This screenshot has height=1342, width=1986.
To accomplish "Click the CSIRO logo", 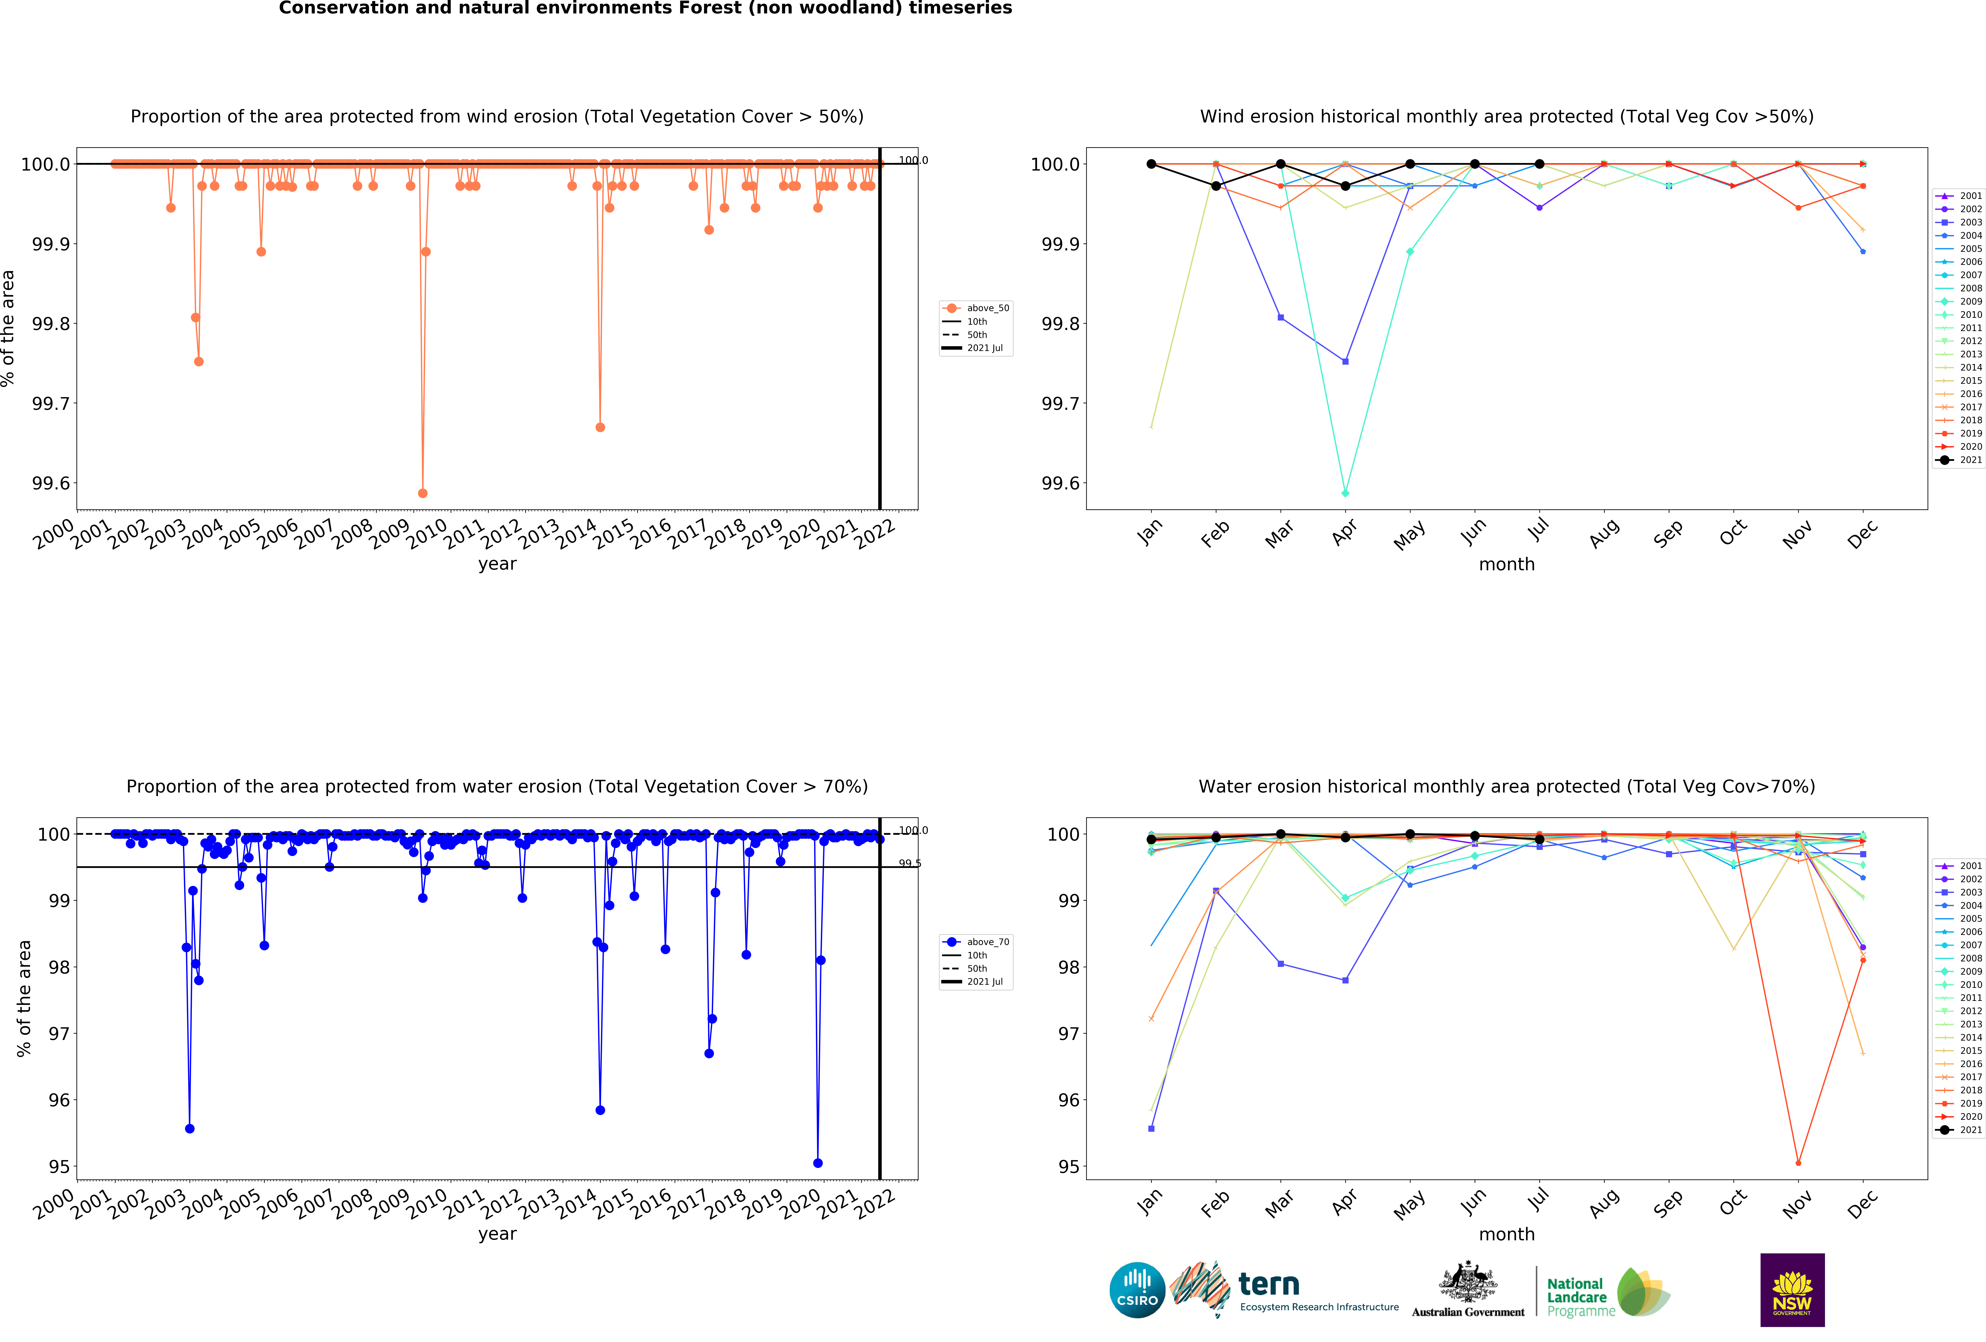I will [1137, 1290].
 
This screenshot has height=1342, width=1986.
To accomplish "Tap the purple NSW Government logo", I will [1792, 1290].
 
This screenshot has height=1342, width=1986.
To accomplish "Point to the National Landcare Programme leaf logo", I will [1642, 1292].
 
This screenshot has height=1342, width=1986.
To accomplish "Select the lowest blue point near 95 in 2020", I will [818, 1163].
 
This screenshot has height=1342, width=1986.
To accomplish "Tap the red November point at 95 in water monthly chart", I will [1798, 1163].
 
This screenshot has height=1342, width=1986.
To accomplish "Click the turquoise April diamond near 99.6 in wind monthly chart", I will [1345, 493].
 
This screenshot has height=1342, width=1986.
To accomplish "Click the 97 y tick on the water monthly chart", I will [1068, 1034].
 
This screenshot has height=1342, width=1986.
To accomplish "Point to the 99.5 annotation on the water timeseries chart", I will [909, 864].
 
